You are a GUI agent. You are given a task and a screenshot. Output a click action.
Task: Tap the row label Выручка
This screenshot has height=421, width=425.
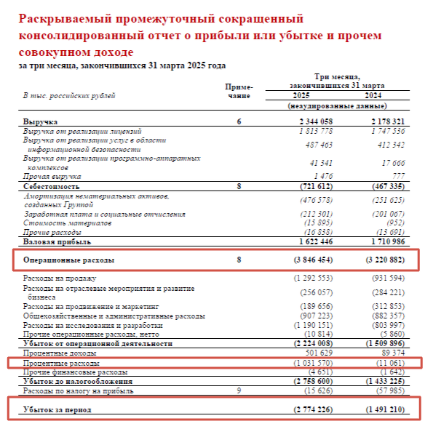(x=41, y=121)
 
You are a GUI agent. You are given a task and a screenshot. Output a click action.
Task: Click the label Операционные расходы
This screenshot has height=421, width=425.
(x=69, y=260)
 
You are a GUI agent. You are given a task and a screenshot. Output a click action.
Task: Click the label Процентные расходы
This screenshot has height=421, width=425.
(x=61, y=362)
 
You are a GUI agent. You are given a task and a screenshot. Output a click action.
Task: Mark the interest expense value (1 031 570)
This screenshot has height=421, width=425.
(x=314, y=362)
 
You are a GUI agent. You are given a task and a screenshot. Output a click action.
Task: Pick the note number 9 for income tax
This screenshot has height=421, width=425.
(x=239, y=390)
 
